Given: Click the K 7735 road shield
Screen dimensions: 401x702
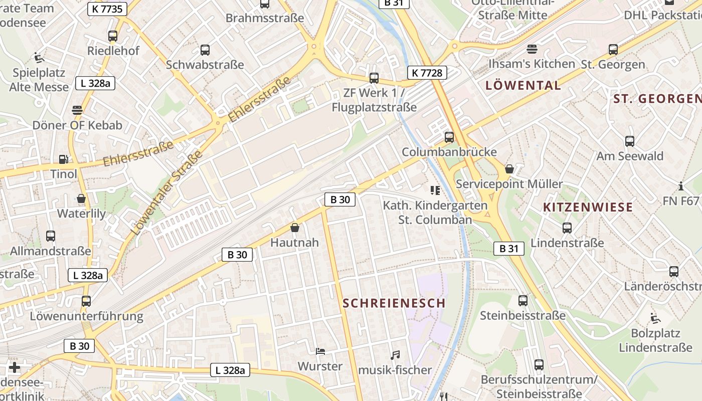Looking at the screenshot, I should tap(107, 9).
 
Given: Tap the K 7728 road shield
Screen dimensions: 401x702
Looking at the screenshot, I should tap(427, 73).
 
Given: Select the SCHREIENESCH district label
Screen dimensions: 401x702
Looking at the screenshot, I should tap(394, 303).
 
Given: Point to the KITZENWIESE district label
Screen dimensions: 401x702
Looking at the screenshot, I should tap(588, 207).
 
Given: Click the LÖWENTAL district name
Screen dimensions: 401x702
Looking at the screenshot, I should tap(523, 85).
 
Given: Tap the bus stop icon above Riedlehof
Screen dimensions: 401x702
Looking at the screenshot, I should tap(113, 36).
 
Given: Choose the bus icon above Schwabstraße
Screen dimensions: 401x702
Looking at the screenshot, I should tap(205, 50).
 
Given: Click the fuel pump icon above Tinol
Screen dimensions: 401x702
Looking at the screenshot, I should tap(64, 159).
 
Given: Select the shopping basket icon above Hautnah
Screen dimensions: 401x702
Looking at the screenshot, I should tap(295, 228).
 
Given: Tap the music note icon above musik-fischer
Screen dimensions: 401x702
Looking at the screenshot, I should tap(395, 355).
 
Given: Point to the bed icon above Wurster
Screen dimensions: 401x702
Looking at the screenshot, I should tap(320, 351).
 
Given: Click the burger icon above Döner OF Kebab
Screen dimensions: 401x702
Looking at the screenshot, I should tap(77, 110).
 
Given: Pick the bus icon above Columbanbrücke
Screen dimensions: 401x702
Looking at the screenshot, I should tap(449, 137).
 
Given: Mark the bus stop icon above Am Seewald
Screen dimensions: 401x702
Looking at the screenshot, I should tap(630, 141).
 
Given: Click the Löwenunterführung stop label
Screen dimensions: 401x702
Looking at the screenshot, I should tap(86, 316).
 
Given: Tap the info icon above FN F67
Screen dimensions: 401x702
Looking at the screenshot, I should tap(680, 186).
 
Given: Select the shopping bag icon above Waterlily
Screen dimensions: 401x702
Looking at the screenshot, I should tap(81, 199).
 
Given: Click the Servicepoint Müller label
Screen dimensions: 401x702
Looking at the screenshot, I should tap(509, 184).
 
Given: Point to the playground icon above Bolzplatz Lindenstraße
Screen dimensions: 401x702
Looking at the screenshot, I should tap(655, 318).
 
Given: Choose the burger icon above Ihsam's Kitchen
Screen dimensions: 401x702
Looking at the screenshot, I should tap(532, 49).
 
